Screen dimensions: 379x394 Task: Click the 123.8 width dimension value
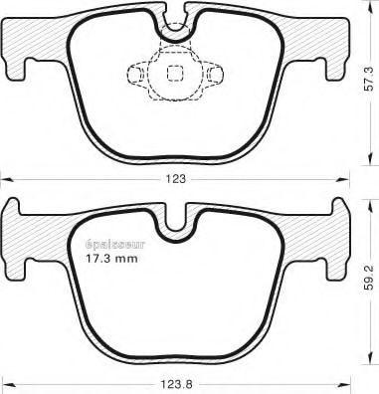(x=176, y=385)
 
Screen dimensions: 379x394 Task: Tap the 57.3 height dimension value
(x=369, y=80)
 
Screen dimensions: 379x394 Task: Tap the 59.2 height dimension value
(x=369, y=279)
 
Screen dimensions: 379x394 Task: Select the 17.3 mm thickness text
(x=111, y=258)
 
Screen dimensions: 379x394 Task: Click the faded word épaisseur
(x=115, y=245)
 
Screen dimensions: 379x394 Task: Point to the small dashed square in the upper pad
(x=175, y=73)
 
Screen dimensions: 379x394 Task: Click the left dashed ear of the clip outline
(x=135, y=73)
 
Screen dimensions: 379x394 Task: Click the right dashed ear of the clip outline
(x=215, y=74)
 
